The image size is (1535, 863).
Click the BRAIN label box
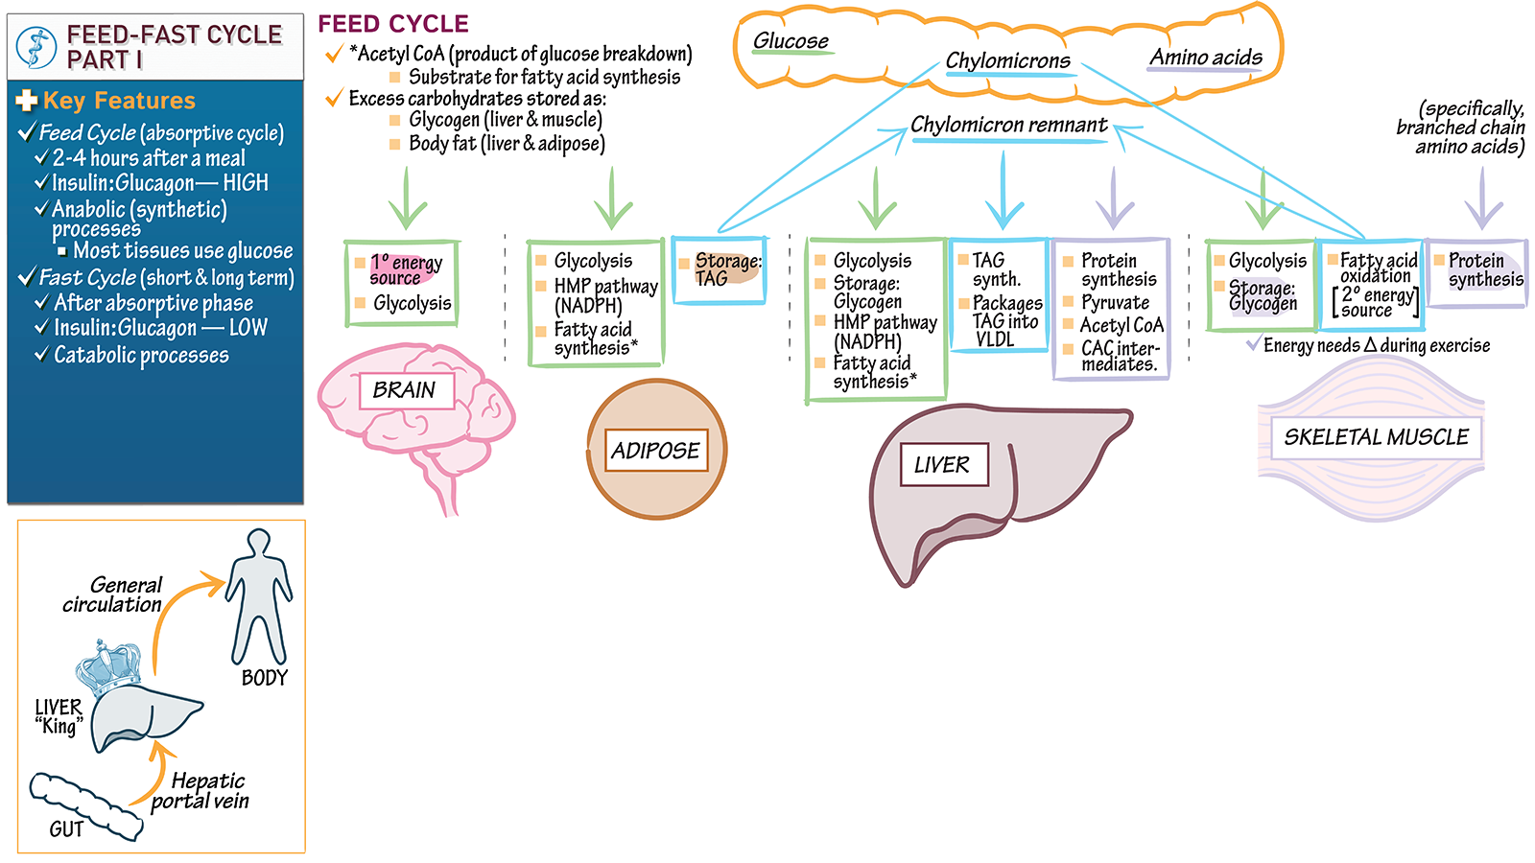405,390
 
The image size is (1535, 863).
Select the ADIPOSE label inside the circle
656,451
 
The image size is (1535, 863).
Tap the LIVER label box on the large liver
942,465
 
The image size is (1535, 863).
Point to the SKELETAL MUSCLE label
1376,437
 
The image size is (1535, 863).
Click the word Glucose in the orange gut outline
791,41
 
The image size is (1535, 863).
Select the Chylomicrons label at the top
1007,61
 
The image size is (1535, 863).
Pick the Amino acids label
1206,58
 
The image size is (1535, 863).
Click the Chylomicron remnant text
1008,125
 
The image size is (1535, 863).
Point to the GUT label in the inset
66,829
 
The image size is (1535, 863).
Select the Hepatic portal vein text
202,791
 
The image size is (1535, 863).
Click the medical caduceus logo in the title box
36,47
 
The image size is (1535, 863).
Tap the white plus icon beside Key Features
27,101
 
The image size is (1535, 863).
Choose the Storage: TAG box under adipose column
720,270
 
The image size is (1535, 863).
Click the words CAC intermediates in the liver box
1119,356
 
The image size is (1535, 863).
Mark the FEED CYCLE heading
393,24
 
